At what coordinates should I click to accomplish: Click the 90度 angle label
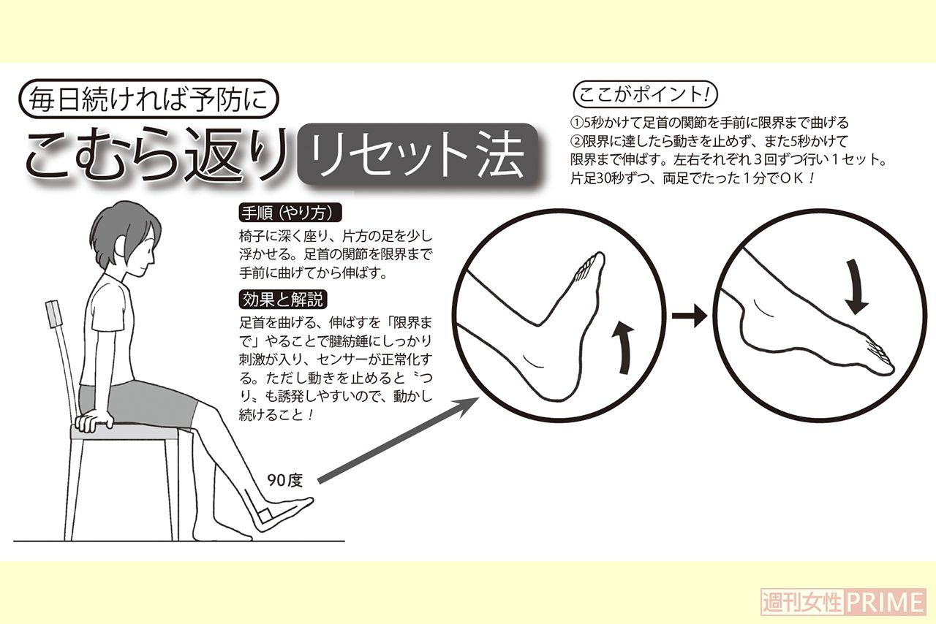284,480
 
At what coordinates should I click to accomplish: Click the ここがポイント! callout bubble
643,96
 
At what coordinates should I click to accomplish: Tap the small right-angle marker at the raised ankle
263,515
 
